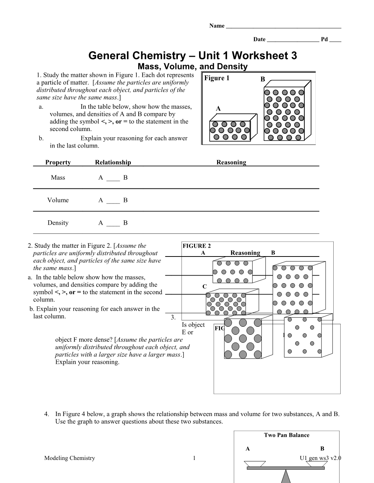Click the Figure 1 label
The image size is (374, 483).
point(217,78)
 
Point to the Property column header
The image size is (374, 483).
point(58,162)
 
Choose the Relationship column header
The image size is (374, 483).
point(113,162)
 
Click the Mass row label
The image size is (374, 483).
point(58,178)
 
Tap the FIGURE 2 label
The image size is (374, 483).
point(197,246)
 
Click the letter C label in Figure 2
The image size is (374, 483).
point(205,287)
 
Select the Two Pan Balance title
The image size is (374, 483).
point(286,435)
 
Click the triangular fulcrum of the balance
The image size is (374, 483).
point(286,476)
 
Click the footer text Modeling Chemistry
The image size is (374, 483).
point(69,458)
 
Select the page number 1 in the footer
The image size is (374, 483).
point(194,458)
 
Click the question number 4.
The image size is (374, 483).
point(47,414)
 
